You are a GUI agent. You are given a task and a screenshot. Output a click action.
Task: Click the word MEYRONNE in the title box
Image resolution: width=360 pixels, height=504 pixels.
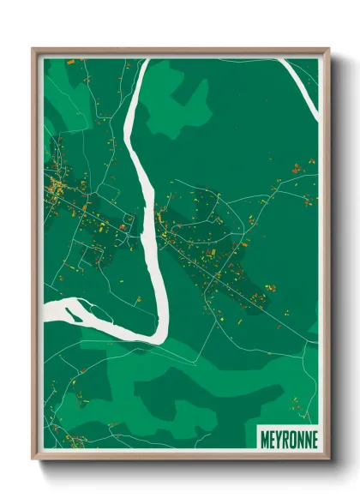pos(287,439)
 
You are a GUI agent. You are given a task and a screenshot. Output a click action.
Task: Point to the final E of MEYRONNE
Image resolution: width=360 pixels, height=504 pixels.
pos(313,439)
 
